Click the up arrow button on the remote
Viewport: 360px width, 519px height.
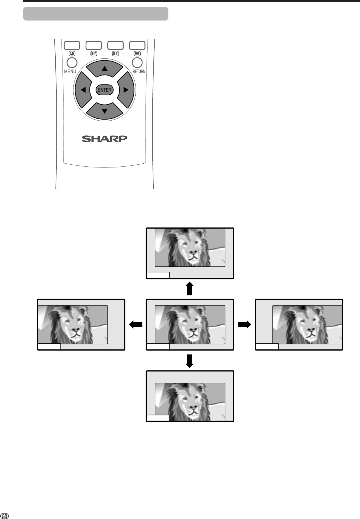[104, 69]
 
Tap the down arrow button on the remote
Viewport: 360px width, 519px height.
[104, 110]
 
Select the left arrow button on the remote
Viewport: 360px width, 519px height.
[83, 90]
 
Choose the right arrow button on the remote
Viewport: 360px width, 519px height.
[125, 90]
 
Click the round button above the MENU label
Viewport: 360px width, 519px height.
[71, 63]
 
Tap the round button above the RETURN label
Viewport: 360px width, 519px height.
[137, 63]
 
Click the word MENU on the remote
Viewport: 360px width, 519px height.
[70, 72]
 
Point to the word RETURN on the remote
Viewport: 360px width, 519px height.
[139, 72]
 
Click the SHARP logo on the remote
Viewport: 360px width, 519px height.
[104, 139]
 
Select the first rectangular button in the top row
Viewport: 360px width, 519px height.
[71, 45]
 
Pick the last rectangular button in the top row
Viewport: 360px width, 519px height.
[137, 45]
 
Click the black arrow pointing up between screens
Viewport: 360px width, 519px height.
[190, 289]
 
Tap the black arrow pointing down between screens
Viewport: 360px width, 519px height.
[190, 361]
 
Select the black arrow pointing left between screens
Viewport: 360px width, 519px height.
[136, 325]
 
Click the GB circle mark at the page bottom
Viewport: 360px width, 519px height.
[4, 514]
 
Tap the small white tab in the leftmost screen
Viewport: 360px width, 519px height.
[49, 347]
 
